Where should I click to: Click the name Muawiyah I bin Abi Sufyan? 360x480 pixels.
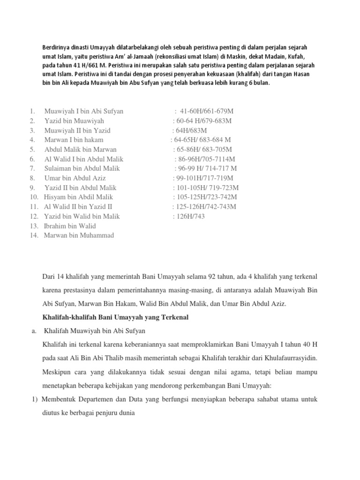(x=84, y=112)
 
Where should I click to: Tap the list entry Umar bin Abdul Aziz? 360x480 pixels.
(x=75, y=178)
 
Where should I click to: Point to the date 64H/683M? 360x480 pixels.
(x=189, y=130)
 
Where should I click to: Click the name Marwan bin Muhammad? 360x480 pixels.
(x=79, y=235)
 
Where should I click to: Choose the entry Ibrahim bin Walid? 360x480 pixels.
(x=70, y=226)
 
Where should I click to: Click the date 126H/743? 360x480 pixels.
(x=188, y=217)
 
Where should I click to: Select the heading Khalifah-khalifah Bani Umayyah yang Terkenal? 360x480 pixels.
(x=115, y=317)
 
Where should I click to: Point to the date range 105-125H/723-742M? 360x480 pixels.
(x=205, y=197)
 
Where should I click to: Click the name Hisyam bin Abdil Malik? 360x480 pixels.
(x=78, y=197)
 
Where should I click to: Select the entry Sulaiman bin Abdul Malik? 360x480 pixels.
(x=82, y=169)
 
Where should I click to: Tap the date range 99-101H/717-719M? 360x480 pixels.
(x=202, y=178)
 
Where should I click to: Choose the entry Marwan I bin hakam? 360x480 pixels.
(x=74, y=140)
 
